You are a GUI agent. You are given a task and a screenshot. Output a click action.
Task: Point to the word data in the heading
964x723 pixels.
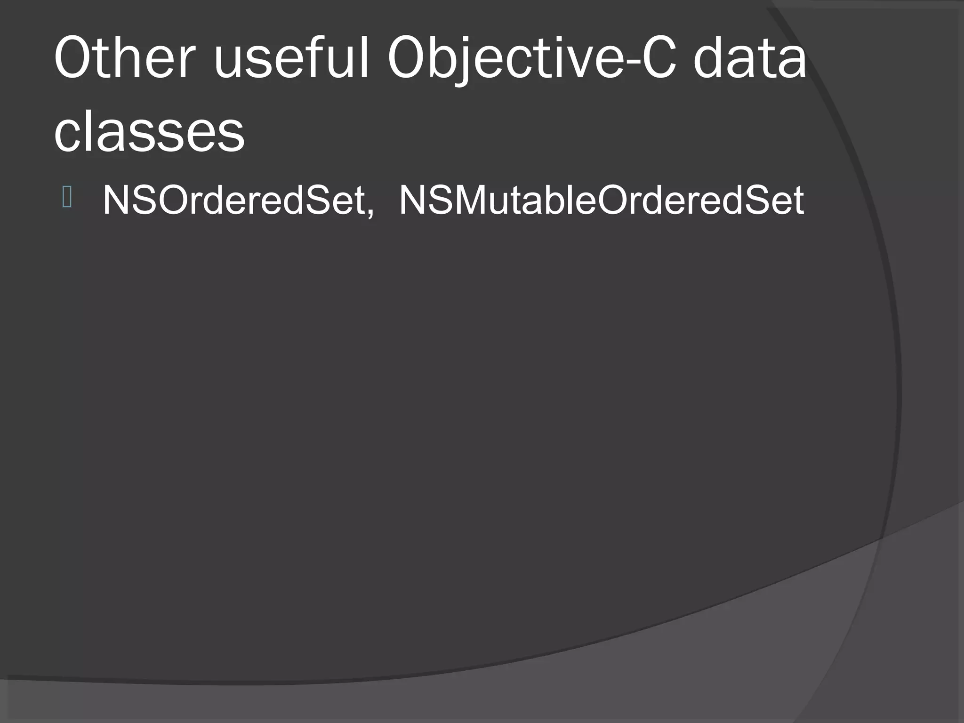(x=749, y=59)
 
